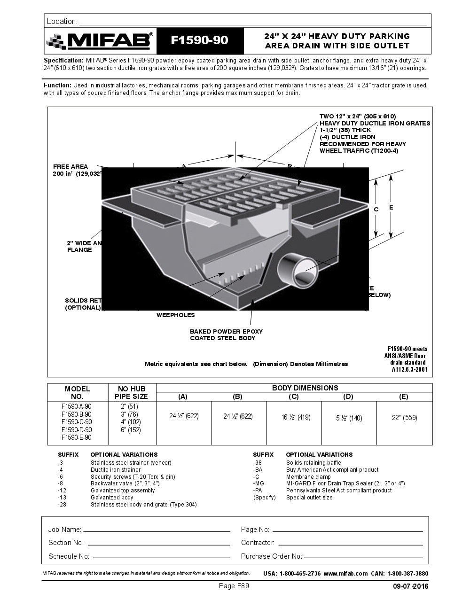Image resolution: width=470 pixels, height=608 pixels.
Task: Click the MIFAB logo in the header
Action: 100,41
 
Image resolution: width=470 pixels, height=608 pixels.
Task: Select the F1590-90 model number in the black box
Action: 199,41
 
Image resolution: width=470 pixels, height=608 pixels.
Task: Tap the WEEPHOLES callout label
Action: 175,315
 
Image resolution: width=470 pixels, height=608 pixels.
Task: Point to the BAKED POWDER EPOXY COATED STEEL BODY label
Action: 226,335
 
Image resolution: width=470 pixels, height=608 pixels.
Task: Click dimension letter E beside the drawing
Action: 391,207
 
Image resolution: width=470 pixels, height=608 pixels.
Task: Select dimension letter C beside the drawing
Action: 376,210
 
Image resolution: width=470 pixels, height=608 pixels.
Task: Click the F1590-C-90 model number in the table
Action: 77,422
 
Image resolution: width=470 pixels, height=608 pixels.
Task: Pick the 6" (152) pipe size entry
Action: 131,429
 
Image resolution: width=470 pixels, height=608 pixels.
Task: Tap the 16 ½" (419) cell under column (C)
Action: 294,417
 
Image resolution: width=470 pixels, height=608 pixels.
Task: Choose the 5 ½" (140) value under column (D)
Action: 349,418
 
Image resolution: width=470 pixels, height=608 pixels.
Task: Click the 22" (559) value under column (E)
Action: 404,417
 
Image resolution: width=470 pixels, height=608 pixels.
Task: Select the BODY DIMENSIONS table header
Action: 305,388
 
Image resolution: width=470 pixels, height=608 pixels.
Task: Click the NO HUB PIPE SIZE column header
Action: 132,392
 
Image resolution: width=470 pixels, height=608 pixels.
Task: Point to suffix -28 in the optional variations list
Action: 62,505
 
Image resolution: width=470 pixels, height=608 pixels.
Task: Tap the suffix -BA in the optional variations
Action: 258,470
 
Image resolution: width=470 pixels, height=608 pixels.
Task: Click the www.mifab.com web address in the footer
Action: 345,573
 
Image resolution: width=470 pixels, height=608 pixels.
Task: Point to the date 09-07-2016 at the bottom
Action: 411,586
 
